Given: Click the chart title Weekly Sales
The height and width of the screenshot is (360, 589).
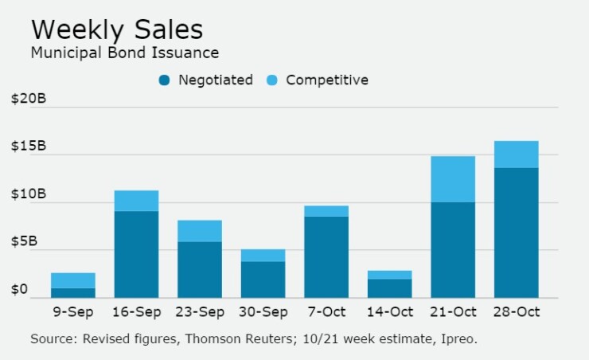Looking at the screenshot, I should coord(117,29).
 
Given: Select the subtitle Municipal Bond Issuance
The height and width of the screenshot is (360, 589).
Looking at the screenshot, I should coord(124,53).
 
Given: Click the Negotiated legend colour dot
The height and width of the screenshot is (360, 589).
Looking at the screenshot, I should coord(165,80).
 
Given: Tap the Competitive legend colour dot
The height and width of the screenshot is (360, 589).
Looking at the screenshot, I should coord(273,80).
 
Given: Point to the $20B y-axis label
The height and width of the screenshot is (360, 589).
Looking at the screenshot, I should coord(29,100).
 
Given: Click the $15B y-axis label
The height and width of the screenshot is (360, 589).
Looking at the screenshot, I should coord(29,147).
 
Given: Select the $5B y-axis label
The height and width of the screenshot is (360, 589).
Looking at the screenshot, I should coord(32,243).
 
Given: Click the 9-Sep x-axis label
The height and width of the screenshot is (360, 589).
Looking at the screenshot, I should coord(73,312).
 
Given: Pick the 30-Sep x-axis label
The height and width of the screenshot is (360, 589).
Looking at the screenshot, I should coord(263,312).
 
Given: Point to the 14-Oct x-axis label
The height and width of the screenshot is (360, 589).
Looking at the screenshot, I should coord(389,312).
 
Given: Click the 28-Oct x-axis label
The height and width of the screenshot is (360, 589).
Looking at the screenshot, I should coord(516,312).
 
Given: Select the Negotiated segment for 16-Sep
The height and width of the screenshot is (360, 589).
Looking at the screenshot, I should coord(136,254).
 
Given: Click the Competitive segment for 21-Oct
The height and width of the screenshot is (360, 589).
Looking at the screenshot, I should coord(453,179).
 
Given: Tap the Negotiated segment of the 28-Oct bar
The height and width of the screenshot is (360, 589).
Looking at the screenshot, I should coord(516,233).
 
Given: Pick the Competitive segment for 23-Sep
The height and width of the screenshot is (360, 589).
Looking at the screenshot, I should coord(200,231).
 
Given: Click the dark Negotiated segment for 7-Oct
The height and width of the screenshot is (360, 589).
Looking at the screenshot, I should coord(326,256).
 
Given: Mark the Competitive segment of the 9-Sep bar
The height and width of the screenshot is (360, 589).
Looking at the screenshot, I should coord(73,280).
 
